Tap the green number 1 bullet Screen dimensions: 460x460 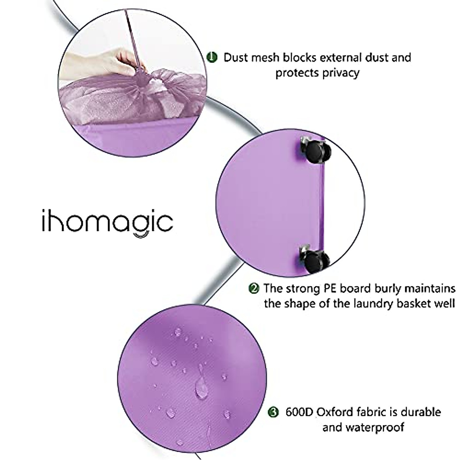point(212,58)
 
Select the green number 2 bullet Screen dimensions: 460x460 point(253,288)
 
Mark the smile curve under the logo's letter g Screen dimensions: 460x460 point(140,235)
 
